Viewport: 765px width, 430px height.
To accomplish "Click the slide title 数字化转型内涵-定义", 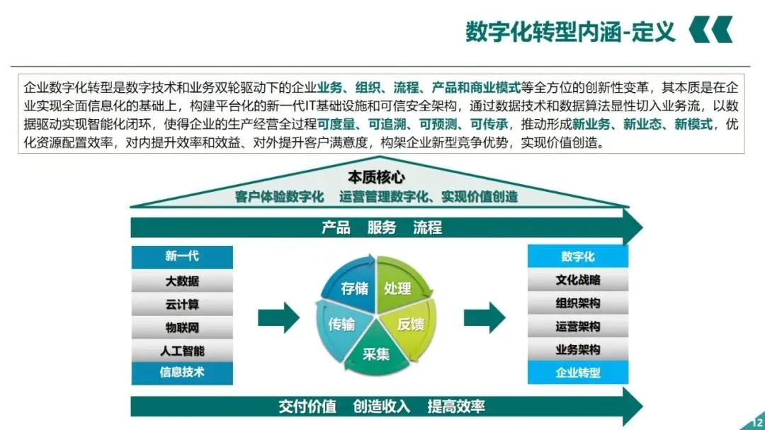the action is (570, 32).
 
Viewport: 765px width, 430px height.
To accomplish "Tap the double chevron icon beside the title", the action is (710, 30).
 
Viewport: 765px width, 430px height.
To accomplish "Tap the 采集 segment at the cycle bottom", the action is (376, 353).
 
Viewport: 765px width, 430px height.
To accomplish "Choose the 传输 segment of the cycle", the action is (341, 324).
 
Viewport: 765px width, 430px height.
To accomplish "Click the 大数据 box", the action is (182, 281).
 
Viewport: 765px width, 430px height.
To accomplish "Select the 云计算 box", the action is (182, 304).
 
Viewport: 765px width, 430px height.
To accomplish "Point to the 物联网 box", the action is (182, 327).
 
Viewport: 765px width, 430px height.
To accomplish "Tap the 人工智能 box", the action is (182, 350).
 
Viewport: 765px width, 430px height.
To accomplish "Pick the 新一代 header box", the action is (182, 256).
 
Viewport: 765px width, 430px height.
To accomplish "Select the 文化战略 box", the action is (577, 280).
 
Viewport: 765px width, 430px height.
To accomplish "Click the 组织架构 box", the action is (577, 303).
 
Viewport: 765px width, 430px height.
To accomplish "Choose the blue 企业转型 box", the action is (577, 373).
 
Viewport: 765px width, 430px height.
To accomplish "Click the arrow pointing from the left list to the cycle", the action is (278, 317).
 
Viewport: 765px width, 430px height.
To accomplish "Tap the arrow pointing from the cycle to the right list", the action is (484, 317).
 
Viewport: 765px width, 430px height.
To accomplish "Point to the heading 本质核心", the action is (376, 177).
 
